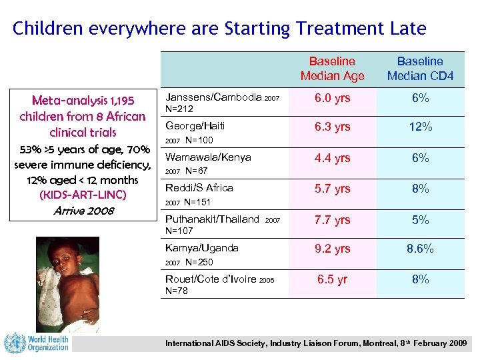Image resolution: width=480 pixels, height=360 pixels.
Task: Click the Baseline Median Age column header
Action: tap(332, 68)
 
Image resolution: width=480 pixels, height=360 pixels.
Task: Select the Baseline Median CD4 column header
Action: tap(420, 68)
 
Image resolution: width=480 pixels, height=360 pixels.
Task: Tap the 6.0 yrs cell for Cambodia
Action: tap(332, 98)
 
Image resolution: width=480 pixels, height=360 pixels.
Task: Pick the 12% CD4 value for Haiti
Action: tap(420, 127)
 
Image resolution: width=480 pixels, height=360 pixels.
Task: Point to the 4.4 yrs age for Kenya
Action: tap(332, 158)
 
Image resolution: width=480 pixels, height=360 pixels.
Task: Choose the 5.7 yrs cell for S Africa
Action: tap(332, 189)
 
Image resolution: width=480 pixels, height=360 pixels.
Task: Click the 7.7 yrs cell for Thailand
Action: tap(332, 219)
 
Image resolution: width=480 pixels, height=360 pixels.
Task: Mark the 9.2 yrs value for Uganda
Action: tap(332, 249)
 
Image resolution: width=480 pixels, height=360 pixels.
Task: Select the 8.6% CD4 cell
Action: tap(420, 249)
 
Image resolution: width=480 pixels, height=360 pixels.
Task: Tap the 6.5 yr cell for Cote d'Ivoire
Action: tap(332, 279)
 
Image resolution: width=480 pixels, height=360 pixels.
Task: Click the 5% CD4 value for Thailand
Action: tap(420, 219)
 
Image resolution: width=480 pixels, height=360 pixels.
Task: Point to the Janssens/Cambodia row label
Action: tap(213, 97)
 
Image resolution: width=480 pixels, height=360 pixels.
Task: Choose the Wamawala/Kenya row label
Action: tap(208, 158)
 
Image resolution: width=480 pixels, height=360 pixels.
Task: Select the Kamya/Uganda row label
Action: tap(201, 248)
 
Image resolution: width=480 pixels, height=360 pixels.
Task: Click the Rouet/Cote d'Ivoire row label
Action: tap(210, 279)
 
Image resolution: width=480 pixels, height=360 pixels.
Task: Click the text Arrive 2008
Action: tap(83, 211)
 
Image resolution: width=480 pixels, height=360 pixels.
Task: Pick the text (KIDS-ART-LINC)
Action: tap(83, 195)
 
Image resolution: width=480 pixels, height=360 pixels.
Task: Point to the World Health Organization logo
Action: tap(37, 343)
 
